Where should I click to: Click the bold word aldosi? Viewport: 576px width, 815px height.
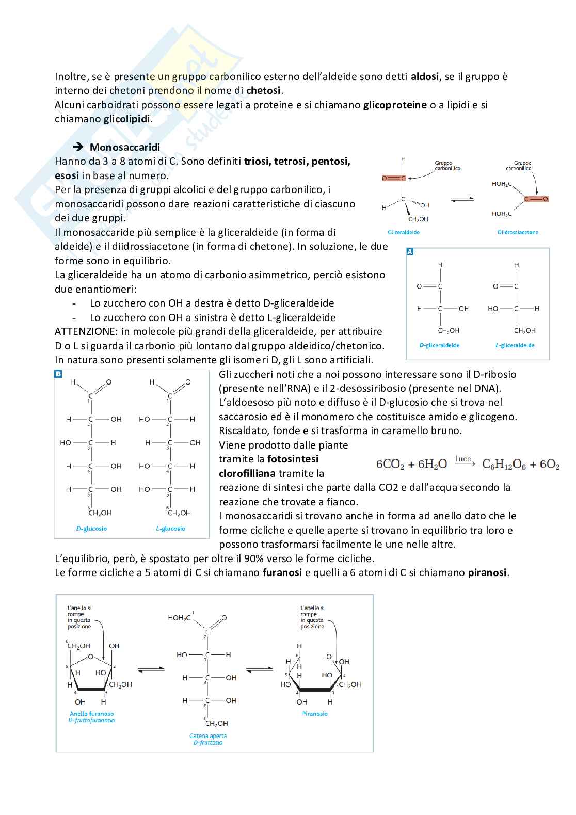(x=425, y=77)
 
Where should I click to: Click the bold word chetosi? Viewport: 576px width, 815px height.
(x=263, y=91)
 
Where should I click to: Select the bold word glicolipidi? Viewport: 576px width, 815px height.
(x=126, y=119)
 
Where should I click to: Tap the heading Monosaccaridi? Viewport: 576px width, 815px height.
(x=125, y=148)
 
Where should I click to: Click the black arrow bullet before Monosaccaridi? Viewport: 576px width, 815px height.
(x=79, y=148)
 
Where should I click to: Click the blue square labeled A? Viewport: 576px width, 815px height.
(x=410, y=252)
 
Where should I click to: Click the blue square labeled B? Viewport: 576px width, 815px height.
(x=58, y=374)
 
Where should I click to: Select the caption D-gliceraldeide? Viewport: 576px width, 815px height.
(x=439, y=345)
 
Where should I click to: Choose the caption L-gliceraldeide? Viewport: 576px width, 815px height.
(x=515, y=345)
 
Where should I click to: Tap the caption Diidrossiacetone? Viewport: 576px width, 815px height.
(x=518, y=232)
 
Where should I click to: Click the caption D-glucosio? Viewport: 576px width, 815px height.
(x=91, y=529)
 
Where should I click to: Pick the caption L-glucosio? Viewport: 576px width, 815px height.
(x=170, y=529)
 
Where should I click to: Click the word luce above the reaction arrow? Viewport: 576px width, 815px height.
(x=463, y=459)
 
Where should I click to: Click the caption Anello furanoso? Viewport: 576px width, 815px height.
(x=91, y=714)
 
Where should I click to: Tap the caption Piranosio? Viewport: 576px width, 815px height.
(x=315, y=714)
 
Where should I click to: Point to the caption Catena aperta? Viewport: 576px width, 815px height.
(x=208, y=736)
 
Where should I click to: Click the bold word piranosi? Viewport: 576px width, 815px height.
(x=487, y=572)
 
